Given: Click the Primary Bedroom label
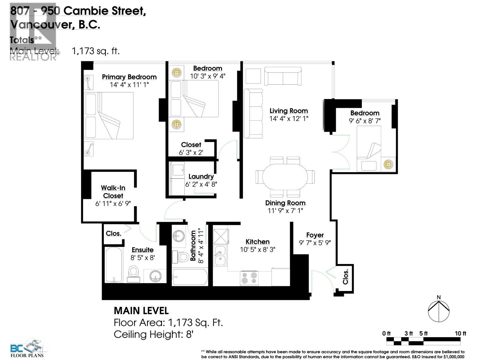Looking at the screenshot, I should [x=129, y=77].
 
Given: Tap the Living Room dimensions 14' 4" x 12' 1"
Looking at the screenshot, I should [x=289, y=118].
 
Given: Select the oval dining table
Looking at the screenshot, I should [x=285, y=177].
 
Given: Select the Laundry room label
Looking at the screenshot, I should [x=201, y=176].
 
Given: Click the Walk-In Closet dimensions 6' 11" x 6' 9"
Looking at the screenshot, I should [x=113, y=204].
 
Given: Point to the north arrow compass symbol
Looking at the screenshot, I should [x=439, y=310].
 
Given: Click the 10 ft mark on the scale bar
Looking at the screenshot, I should [x=460, y=333].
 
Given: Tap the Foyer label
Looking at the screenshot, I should [x=315, y=235].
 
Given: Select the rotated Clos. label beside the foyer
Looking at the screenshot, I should [x=346, y=277].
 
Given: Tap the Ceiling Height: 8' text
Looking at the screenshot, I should [x=153, y=334].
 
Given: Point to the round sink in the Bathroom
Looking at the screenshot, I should [x=179, y=236].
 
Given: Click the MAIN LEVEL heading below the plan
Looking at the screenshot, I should [x=141, y=310].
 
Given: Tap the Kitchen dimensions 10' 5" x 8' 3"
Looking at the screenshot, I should [x=257, y=249].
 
